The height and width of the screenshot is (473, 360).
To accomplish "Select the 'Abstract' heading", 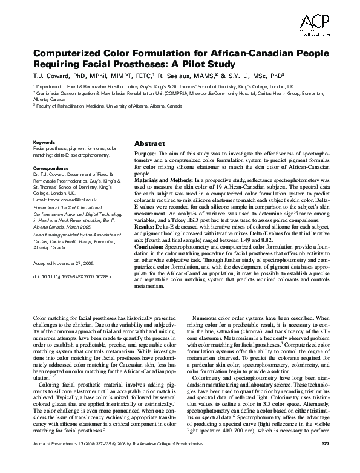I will point(149,144).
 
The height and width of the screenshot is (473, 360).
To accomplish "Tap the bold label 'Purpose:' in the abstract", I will point(147,155).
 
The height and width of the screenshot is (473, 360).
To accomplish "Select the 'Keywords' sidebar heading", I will point(44,142).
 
